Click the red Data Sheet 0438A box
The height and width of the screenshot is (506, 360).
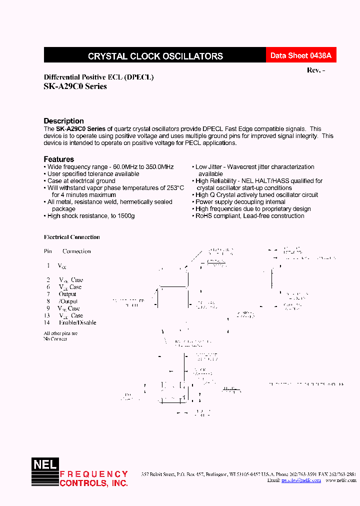[300, 56]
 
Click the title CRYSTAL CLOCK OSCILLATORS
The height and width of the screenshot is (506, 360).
[155, 56]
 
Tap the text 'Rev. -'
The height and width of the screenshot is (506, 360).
[316, 70]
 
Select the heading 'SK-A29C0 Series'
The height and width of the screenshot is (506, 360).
[75, 86]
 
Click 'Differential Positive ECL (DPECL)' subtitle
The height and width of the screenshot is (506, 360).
[98, 77]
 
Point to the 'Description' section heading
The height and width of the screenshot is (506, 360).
[63, 121]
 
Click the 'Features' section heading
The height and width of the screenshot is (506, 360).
[58, 159]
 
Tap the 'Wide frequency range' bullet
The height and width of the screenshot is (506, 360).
[110, 167]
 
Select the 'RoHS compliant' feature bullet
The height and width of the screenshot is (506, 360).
[249, 216]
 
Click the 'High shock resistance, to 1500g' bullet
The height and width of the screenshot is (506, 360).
[91, 216]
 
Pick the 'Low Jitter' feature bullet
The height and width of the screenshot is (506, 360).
[254, 167]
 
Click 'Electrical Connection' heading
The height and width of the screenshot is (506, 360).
[71, 237]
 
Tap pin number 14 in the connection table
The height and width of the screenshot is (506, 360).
[48, 323]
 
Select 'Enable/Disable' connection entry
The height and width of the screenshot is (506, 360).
[77, 323]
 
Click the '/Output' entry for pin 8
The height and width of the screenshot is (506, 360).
[68, 301]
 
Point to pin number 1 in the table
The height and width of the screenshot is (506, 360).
[48, 265]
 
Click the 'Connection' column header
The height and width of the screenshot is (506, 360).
[76, 251]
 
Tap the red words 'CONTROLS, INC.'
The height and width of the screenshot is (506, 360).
[93, 483]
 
